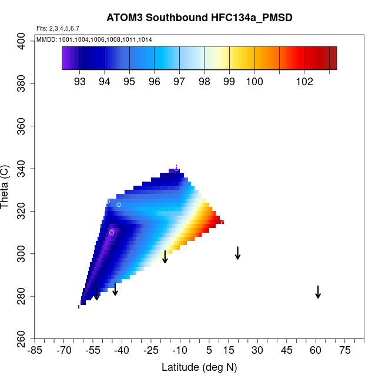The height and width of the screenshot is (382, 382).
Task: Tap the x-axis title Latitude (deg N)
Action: coord(199,367)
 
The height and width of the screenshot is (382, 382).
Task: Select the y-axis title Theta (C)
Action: coord(6,188)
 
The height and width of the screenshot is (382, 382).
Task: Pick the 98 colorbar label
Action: coord(204,82)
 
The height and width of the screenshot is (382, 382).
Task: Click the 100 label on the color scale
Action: coord(254,82)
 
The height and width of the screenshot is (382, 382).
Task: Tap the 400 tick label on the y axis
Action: coord(24,41)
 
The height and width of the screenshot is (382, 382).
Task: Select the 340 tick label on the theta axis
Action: coord(24,169)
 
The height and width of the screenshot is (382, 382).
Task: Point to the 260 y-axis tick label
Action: coord(24,339)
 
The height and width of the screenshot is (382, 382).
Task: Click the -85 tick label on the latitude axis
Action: coord(35,350)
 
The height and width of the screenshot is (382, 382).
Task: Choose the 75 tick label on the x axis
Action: coord(345,350)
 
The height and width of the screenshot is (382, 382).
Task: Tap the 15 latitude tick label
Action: coord(229,350)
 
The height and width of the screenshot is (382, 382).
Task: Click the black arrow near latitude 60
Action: coord(318,291)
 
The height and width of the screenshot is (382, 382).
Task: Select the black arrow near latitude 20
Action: coord(237,253)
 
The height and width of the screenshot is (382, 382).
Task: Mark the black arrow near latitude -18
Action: coord(165,257)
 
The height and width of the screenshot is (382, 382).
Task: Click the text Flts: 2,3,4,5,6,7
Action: coord(58,28)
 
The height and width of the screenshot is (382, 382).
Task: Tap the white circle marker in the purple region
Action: coord(111,232)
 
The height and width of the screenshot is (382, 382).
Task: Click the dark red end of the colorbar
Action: coord(333,58)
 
